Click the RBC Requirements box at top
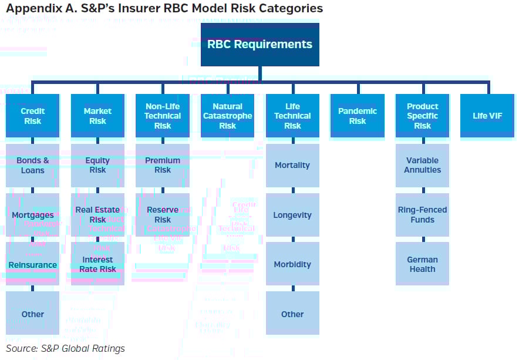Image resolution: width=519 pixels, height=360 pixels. click(x=259, y=45)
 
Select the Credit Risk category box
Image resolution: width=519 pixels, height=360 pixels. click(x=33, y=116)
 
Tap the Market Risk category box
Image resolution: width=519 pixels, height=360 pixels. click(x=97, y=116)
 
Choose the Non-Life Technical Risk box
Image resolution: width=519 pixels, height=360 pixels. click(x=163, y=116)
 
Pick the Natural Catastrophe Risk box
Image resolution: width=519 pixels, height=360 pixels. click(x=227, y=116)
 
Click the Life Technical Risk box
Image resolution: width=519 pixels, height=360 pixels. click(x=292, y=116)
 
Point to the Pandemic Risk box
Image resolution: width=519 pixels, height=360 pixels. click(x=357, y=116)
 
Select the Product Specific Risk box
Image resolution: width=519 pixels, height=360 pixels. click(x=422, y=116)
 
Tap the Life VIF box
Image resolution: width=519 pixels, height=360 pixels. click(x=487, y=116)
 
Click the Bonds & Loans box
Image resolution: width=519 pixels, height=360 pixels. click(x=33, y=165)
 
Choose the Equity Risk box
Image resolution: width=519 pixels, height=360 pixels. click(x=97, y=165)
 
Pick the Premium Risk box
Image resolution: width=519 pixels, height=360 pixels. click(x=163, y=165)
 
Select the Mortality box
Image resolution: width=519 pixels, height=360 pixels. click(x=292, y=165)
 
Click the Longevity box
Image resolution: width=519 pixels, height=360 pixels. click(x=292, y=215)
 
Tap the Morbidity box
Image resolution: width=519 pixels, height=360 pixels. click(x=292, y=264)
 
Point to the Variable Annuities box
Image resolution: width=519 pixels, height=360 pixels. click(x=422, y=165)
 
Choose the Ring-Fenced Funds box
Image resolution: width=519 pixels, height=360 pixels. click(x=422, y=215)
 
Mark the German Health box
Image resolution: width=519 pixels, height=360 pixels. click(x=422, y=264)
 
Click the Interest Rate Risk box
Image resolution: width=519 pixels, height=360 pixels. click(x=97, y=264)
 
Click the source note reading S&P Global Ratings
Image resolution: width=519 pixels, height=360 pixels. click(x=66, y=349)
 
